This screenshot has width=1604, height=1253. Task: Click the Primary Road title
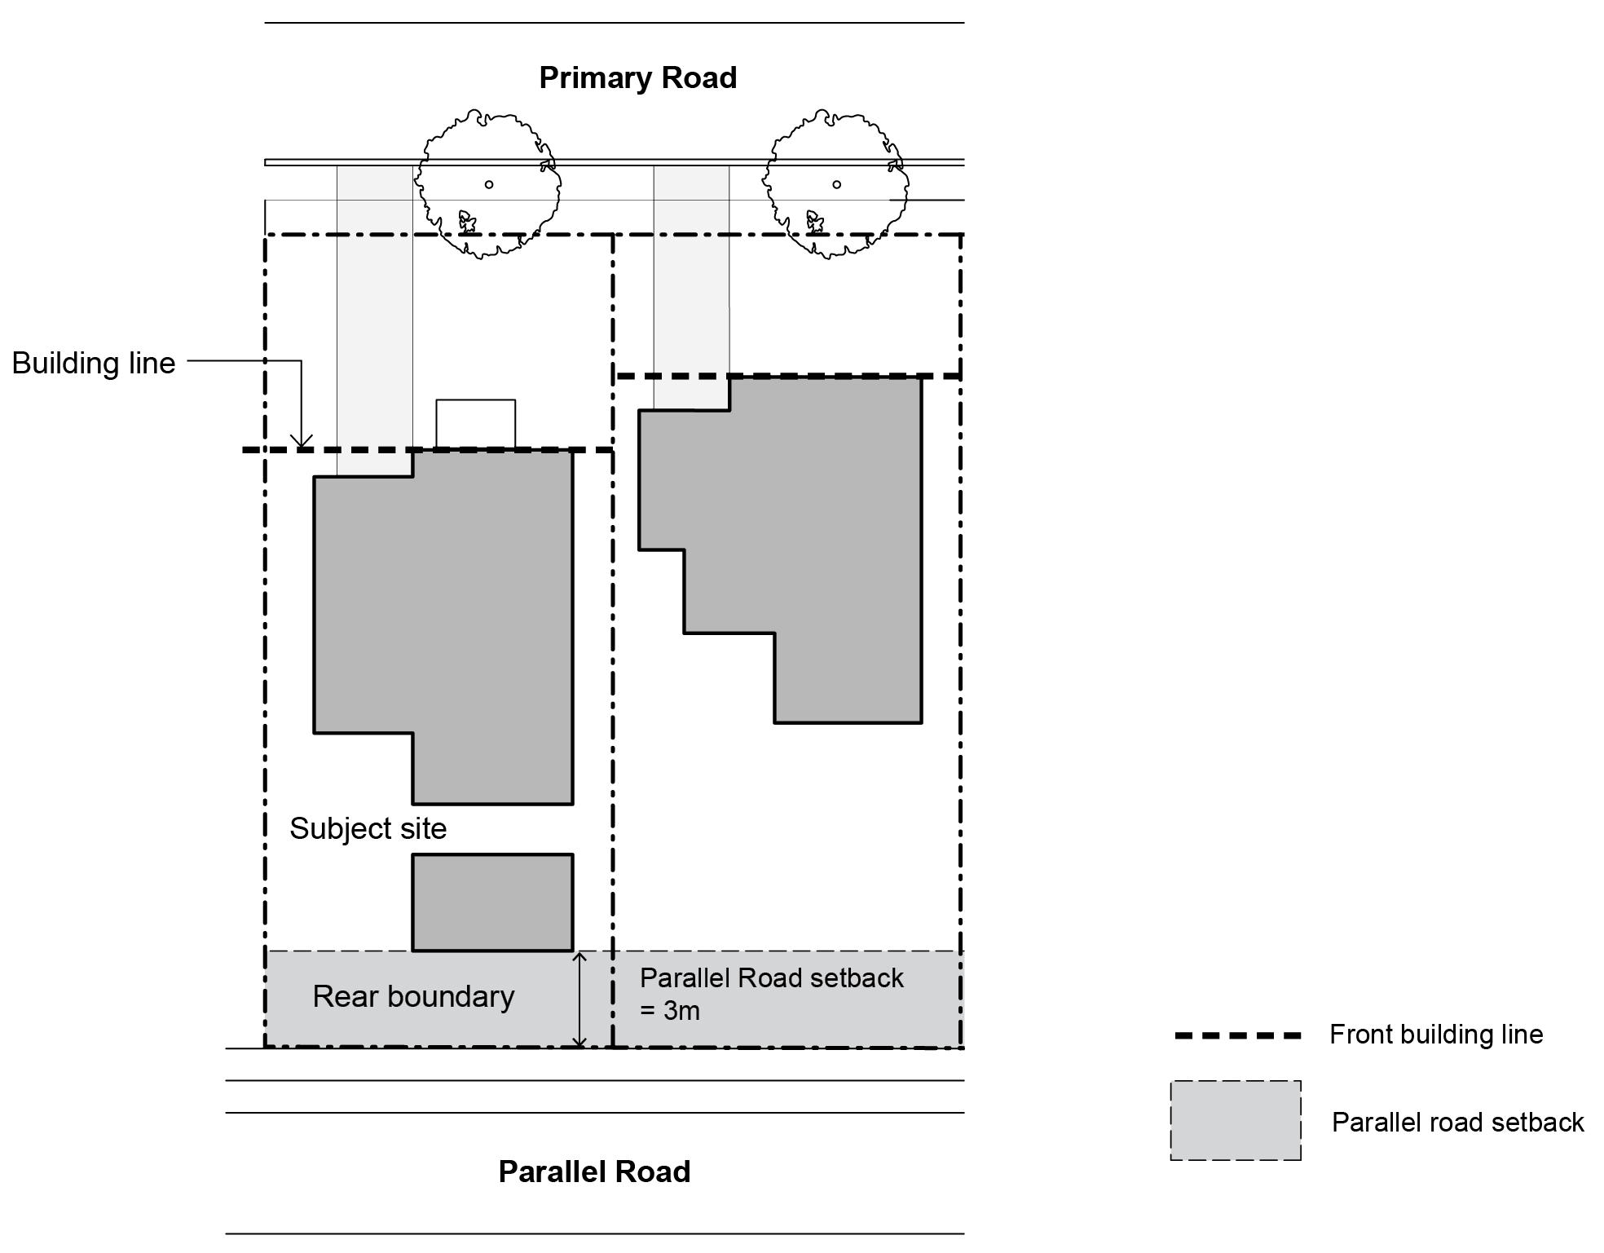click(x=638, y=78)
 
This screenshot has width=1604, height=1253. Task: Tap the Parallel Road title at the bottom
click(x=594, y=1171)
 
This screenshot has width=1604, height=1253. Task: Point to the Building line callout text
click(x=94, y=364)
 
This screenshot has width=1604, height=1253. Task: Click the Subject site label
click(x=368, y=829)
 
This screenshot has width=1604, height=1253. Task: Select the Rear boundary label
click(x=413, y=997)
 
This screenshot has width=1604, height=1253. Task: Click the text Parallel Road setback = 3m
click(x=771, y=994)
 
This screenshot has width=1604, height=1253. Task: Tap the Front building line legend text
click(x=1436, y=1035)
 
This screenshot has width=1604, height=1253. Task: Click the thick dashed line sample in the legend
click(x=1237, y=1035)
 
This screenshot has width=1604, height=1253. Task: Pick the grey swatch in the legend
click(x=1236, y=1120)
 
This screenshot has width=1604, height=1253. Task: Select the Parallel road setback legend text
click(x=1457, y=1123)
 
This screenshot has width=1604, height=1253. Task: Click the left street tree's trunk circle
click(x=489, y=184)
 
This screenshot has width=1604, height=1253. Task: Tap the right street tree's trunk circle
click(x=836, y=184)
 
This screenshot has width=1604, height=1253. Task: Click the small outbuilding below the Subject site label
click(x=492, y=902)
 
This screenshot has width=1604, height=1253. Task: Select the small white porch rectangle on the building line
click(x=475, y=423)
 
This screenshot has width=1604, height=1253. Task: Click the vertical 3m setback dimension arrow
click(x=579, y=999)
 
